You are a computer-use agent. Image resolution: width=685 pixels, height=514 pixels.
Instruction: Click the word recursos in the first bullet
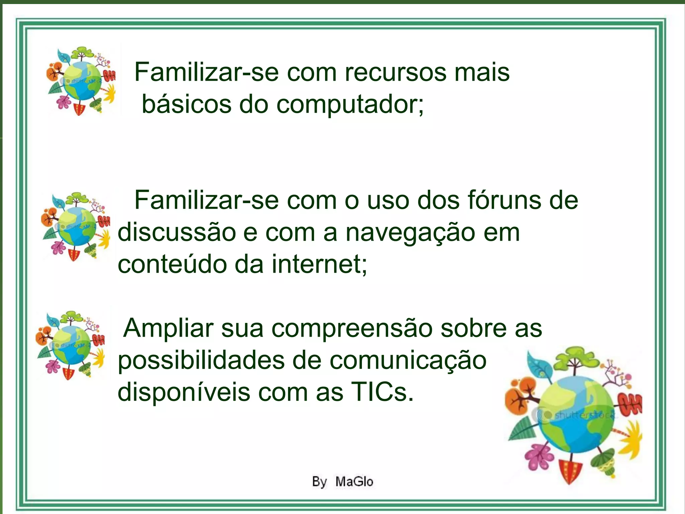tap(395, 73)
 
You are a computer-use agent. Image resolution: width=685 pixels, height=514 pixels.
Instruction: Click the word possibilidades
tap(201, 361)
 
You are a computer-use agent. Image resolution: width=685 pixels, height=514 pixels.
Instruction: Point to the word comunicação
tap(408, 361)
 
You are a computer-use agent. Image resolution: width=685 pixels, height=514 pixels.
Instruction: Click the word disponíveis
tap(184, 392)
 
